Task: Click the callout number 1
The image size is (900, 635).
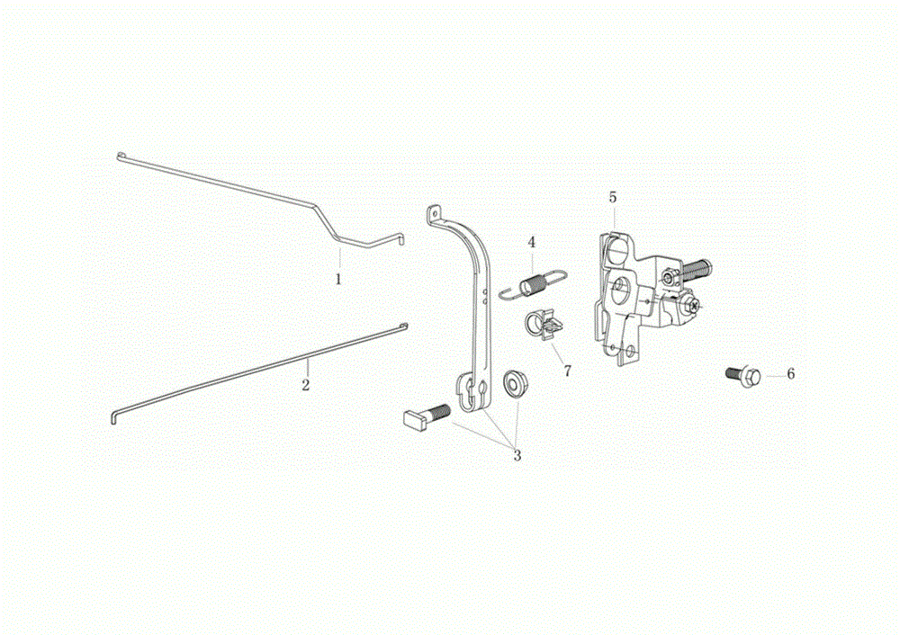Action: point(338,280)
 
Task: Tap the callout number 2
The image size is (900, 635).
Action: point(306,385)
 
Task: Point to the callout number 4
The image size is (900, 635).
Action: point(532,242)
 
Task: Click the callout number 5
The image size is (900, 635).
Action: point(613,197)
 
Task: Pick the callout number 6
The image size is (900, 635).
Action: point(791,374)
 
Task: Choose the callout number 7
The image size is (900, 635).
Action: point(568,371)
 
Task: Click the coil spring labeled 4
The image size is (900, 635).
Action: point(533,284)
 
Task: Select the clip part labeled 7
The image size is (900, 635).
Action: point(543,326)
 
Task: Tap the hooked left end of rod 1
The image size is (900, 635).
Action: point(121,156)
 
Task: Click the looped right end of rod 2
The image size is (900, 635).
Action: point(404,327)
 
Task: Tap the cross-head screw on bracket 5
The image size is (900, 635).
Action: point(697,307)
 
